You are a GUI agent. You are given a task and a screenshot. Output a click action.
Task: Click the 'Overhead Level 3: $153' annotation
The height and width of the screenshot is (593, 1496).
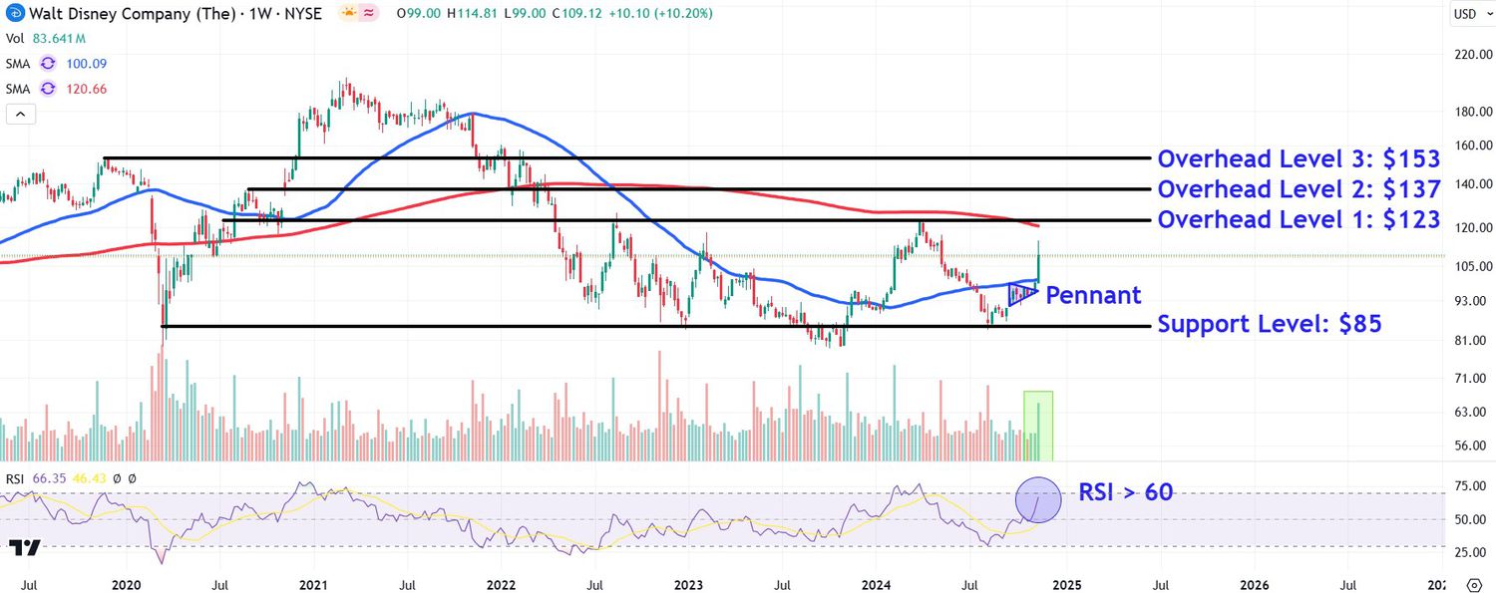(1299, 159)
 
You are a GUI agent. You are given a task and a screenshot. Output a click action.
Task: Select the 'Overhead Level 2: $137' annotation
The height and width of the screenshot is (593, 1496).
(1299, 189)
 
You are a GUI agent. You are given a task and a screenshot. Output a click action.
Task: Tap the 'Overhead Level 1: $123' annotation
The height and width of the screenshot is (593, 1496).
(1299, 219)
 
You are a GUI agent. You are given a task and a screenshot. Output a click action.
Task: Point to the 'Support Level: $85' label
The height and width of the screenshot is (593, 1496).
(1269, 324)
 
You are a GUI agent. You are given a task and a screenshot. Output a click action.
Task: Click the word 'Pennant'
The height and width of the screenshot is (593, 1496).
(1093, 295)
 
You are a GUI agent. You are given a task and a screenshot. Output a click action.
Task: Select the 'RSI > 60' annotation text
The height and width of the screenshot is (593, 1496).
(1125, 491)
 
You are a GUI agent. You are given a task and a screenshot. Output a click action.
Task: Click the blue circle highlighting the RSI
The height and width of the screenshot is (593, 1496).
(1038, 499)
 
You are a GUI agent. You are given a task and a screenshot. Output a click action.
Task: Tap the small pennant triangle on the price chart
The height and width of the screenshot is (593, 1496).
(1021, 294)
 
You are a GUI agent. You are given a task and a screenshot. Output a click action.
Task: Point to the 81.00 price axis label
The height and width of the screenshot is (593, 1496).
(1470, 341)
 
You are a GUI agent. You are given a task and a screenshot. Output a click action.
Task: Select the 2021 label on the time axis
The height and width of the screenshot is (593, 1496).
(313, 584)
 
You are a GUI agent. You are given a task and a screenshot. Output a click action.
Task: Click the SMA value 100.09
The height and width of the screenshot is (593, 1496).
(86, 64)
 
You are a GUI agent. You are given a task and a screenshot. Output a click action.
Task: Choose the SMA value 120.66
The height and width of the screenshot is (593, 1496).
(86, 89)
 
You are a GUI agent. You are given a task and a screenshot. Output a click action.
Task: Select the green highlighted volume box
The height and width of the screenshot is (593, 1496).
(1038, 427)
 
